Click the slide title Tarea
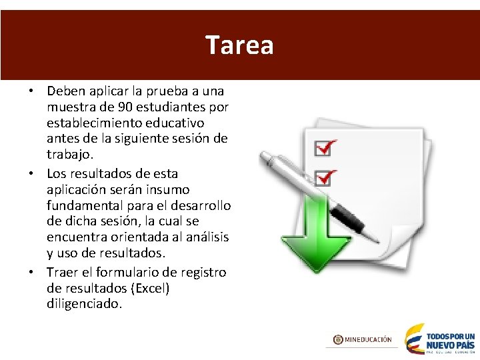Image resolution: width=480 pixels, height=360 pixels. coord(239,45)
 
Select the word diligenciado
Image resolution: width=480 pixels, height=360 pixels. coord(85,304)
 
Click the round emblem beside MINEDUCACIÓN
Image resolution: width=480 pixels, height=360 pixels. coord(338,339)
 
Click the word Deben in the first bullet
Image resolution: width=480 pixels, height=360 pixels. coord(65,91)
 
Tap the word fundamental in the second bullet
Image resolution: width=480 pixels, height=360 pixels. coord(84,204)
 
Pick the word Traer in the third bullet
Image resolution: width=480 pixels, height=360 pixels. coord(62,272)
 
